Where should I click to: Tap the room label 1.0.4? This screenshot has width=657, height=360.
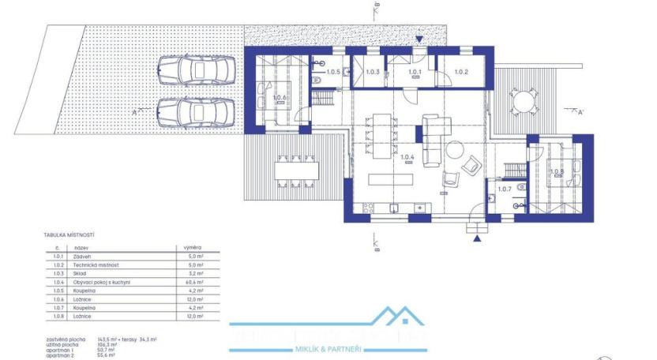pyautogui.click(x=407, y=157)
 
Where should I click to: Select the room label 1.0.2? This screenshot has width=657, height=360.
pyautogui.click(x=461, y=73)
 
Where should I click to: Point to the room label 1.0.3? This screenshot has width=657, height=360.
pyautogui.click(x=373, y=73)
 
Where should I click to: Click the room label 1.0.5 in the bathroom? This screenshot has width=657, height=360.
pyautogui.click(x=332, y=72)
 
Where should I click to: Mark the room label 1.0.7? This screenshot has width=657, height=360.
pyautogui.click(x=505, y=188)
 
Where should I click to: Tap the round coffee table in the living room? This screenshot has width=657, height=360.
pyautogui.click(x=456, y=150)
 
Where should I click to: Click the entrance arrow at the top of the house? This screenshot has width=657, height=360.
pyautogui.click(x=419, y=39)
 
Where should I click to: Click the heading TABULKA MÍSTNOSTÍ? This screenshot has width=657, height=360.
pyautogui.click(x=69, y=235)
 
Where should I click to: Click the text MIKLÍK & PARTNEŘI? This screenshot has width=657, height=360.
pyautogui.click(x=328, y=348)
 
